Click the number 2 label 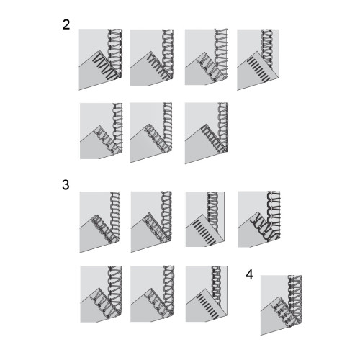click(66, 24)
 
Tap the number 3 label click(66, 185)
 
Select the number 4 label click(249, 275)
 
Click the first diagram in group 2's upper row click(101, 60)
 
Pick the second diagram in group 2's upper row click(152, 58)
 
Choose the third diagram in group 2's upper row click(206, 57)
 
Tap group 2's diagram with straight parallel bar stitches click(258, 60)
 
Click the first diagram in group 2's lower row click(101, 131)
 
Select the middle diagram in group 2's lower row click(151, 132)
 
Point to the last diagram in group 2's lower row click(207, 133)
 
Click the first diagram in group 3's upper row click(99, 222)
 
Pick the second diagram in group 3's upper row click(151, 222)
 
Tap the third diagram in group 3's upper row click(205, 219)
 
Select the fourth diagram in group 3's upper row click(259, 220)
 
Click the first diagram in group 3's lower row click(102, 294)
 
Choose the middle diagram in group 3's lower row click(153, 294)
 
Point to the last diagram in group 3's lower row click(207, 294)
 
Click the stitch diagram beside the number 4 click(281, 305)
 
